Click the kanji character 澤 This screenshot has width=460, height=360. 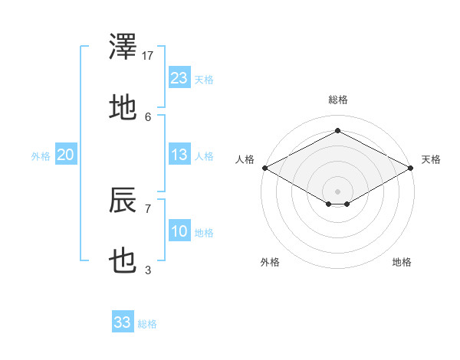coord(123,47)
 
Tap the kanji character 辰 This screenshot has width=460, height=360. coord(123,201)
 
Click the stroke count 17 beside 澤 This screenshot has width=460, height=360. coord(149,56)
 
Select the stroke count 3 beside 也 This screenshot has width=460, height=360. coord(148,270)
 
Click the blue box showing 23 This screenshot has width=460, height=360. coord(179,78)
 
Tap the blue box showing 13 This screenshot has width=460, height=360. coord(179,155)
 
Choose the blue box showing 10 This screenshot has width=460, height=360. coord(179,231)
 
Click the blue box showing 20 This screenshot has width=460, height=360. coord(66,155)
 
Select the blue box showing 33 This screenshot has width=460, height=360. coord(123,322)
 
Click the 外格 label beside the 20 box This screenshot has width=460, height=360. coord(41,156)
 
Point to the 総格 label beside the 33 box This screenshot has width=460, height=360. coord(147,324)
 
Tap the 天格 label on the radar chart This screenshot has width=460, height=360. coord(432,159)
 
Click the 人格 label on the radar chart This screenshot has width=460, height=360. coord(245,159)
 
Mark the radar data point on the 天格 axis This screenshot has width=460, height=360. coord(412,168)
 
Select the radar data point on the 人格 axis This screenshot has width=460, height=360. coord(264,168)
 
